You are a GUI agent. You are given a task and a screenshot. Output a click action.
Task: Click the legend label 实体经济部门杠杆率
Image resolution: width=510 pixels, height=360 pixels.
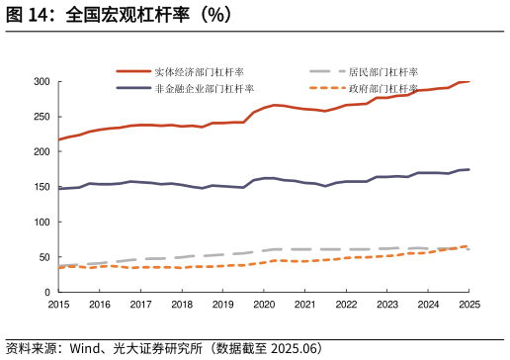200,72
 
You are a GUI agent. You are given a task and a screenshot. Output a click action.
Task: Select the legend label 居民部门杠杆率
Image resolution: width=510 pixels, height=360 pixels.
383,72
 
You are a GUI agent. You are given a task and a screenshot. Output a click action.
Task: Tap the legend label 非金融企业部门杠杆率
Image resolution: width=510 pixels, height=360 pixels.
205,89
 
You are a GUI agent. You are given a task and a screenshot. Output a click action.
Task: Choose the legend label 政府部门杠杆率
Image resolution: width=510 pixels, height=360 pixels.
383,89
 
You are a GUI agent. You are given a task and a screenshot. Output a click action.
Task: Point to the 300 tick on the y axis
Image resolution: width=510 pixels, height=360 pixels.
41,81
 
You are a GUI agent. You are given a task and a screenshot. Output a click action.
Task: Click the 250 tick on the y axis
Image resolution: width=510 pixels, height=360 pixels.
41,117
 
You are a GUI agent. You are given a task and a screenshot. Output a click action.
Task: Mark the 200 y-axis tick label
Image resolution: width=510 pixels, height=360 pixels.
41,152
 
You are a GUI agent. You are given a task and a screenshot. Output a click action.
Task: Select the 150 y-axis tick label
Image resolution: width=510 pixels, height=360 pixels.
41,187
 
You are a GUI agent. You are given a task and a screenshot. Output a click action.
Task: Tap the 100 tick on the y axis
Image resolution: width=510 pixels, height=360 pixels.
41,223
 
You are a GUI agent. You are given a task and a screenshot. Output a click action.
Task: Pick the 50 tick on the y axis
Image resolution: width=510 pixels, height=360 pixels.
43,258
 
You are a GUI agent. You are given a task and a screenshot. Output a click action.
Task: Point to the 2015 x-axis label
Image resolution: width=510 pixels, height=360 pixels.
58,305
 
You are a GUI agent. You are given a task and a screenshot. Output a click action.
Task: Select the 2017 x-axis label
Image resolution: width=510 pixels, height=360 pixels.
140,305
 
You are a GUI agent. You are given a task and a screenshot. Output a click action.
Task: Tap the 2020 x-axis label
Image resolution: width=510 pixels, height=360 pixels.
264,305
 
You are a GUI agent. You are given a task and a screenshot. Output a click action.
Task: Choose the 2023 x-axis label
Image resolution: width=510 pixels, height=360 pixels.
387,305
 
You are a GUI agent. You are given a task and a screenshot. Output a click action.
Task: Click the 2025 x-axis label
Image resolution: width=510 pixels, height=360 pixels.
469,305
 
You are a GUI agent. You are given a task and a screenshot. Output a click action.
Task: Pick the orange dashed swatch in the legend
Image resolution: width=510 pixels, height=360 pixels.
326,89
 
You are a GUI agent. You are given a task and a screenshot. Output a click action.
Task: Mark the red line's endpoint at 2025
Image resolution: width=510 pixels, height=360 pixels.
468,81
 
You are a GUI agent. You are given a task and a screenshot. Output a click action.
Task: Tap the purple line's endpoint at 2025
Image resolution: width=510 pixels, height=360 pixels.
468,170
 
